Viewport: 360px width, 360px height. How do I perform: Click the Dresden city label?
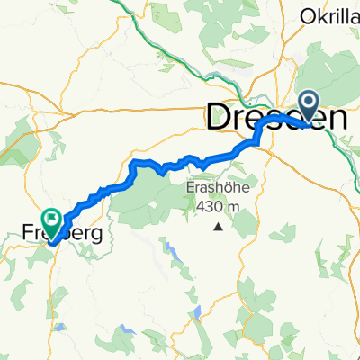click(x=277, y=115)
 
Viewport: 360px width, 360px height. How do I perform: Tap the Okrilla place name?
click(x=329, y=15)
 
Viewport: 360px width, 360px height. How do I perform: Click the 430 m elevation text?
click(x=217, y=207)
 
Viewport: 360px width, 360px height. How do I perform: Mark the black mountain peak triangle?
click(x=218, y=226)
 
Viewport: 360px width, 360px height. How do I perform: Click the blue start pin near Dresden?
click(x=309, y=106)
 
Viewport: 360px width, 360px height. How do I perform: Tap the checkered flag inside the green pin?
click(x=52, y=216)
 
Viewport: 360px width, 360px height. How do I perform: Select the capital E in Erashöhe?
click(x=191, y=189)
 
